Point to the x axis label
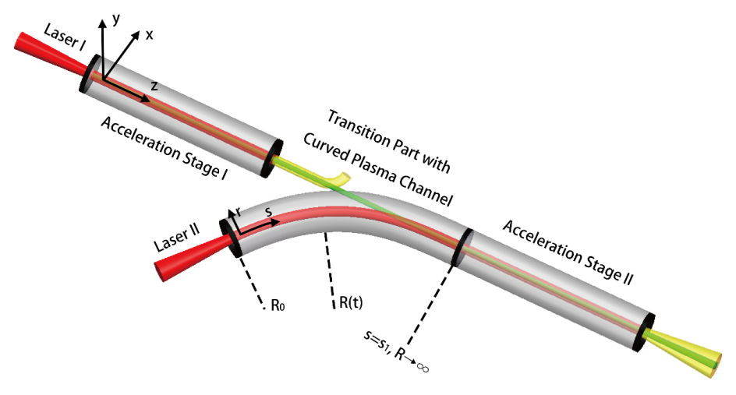coord(149,36)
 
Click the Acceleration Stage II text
coord(571,252)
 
